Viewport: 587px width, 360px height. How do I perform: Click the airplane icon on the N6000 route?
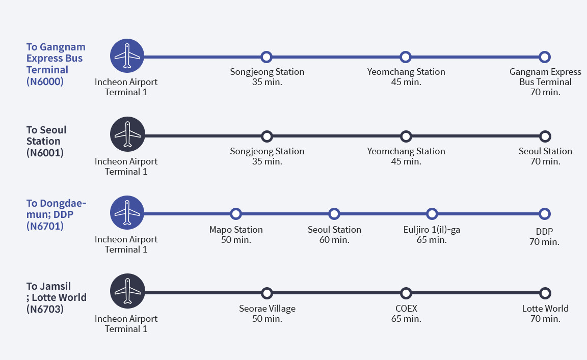[x=127, y=56]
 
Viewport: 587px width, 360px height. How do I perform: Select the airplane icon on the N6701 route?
[x=127, y=212]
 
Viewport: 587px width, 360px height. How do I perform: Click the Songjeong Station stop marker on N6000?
[x=266, y=57]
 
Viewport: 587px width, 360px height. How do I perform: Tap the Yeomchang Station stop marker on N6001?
[x=406, y=136]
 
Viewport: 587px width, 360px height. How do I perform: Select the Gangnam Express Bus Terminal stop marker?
[x=545, y=57]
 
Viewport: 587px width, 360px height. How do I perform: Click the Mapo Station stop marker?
[x=236, y=214]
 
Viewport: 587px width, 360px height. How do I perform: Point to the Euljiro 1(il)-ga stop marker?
[x=432, y=214]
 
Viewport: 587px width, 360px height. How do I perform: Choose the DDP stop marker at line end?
[x=545, y=214]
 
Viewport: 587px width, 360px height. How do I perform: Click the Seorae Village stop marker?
[x=266, y=293]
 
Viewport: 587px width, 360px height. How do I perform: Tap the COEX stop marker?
[x=406, y=293]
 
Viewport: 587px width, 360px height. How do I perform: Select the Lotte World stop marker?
[x=545, y=293]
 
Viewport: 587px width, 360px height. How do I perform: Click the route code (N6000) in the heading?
[x=45, y=80]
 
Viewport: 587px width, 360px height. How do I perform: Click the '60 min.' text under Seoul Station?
[x=334, y=240]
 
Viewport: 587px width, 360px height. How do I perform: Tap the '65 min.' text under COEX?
[x=406, y=319]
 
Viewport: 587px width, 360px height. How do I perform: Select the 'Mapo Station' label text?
[x=236, y=230]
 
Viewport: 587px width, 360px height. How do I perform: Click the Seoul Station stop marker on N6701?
[x=334, y=214]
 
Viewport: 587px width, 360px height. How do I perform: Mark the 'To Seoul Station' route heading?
[x=46, y=135]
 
